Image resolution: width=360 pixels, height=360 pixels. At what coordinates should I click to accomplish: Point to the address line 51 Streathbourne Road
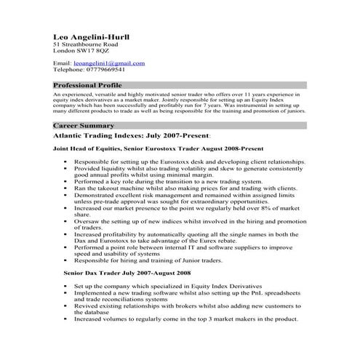pos(86,44)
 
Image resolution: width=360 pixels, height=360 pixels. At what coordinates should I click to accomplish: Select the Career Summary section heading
pos(79,126)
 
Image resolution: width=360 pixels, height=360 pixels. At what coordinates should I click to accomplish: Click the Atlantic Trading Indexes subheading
pos(132,136)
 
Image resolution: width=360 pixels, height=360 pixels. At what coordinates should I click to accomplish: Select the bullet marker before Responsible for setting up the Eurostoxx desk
pos(65,159)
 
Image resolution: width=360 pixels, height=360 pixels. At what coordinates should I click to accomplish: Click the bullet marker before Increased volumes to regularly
pos(65,319)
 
